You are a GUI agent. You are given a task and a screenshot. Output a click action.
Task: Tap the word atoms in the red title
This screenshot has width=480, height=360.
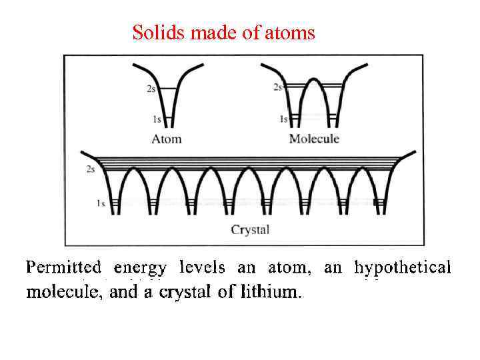291,32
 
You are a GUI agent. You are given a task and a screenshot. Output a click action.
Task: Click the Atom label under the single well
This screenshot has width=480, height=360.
166,139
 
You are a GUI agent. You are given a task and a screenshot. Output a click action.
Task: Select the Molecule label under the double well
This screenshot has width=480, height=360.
314,139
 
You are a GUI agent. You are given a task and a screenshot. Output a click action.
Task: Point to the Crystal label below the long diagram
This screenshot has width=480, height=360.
250,230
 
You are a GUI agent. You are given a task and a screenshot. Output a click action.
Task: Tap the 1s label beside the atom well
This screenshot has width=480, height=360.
156,119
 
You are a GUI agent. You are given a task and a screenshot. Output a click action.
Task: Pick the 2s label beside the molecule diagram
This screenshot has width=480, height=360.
278,87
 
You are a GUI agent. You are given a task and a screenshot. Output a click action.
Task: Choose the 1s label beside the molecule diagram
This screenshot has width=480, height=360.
283,119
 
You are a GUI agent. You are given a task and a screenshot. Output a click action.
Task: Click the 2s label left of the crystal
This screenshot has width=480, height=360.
91,169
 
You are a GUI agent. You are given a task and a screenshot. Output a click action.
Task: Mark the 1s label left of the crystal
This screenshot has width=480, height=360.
101,203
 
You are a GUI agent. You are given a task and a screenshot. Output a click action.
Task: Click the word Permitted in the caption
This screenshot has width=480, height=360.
63,269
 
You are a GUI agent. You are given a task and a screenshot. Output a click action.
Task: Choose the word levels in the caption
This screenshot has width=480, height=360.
202,269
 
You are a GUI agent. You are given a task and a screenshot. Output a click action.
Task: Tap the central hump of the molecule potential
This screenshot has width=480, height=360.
313,83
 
